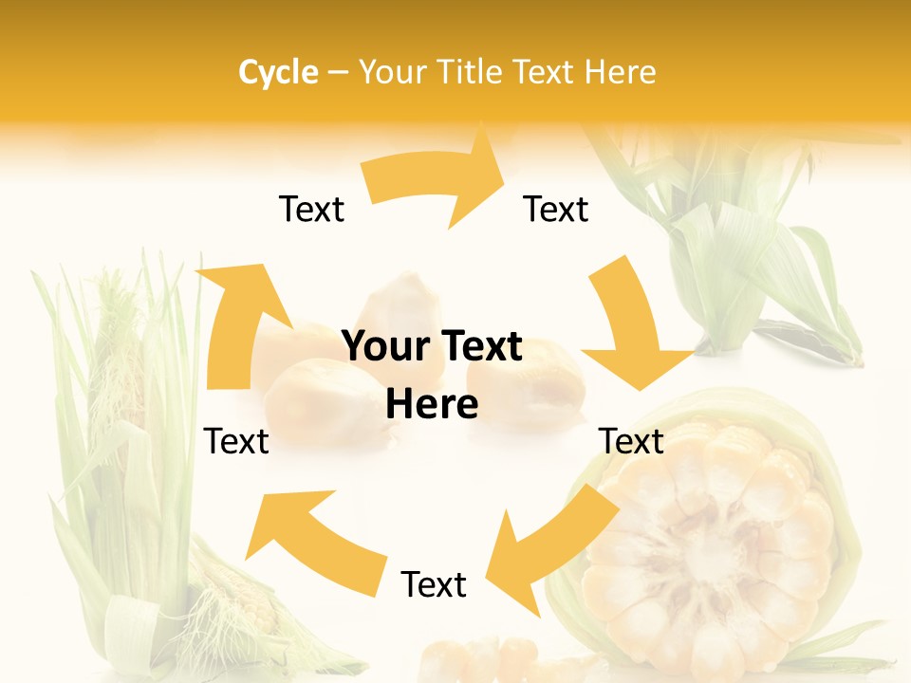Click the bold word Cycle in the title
click(278, 72)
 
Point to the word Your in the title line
click(394, 72)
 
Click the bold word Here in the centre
click(432, 405)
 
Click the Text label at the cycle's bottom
click(434, 585)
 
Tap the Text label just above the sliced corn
click(631, 441)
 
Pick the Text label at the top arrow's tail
click(311, 209)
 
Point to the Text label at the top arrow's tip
click(556, 209)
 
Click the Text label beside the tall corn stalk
click(236, 441)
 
